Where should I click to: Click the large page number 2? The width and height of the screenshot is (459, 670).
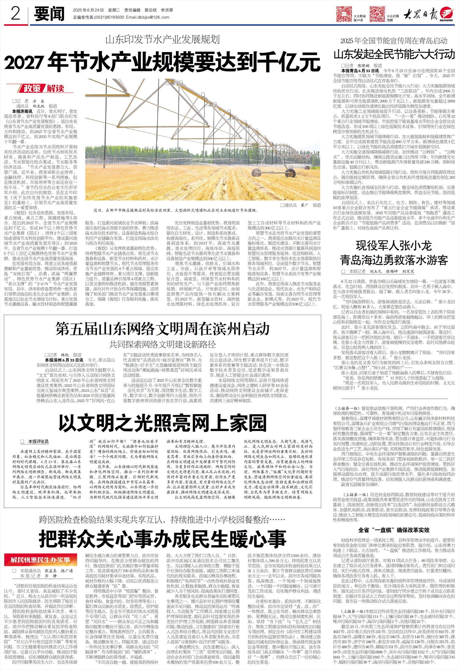click(15, 13)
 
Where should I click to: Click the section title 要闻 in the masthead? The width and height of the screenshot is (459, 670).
click(49, 14)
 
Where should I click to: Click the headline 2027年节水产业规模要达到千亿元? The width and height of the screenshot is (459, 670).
click(162, 62)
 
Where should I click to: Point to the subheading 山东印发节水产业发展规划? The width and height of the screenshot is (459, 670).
click(162, 39)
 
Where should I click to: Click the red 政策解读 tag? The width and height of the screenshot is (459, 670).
click(44, 89)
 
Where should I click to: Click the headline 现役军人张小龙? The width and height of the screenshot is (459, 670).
click(394, 246)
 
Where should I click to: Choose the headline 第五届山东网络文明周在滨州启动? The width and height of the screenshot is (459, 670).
click(162, 329)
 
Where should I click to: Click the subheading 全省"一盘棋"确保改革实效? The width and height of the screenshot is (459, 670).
click(394, 530)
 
